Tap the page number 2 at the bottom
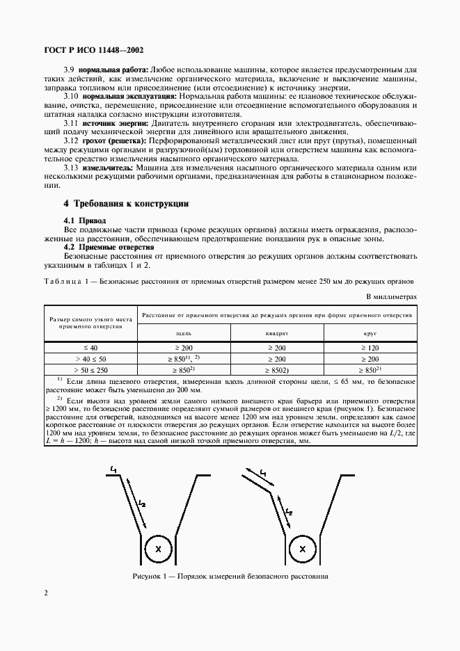45,593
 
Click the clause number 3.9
69,70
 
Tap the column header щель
184,333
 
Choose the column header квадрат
277,333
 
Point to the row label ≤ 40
91,346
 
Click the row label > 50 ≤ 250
91,370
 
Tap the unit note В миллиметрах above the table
391,296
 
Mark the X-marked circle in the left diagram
159,549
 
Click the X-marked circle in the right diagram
302,549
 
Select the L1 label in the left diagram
111,471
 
